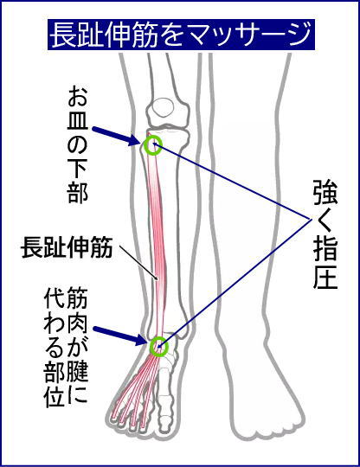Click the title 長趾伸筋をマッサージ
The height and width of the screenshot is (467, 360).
pyautogui.click(x=181, y=35)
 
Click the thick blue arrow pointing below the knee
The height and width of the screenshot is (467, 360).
pyautogui.click(x=116, y=136)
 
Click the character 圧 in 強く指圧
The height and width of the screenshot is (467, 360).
pyautogui.click(x=325, y=277)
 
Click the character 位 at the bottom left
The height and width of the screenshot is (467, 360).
pyautogui.click(x=55, y=397)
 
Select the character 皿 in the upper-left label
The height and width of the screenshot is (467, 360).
pyautogui.click(x=78, y=120)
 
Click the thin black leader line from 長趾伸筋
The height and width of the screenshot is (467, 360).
pyautogui.click(x=138, y=262)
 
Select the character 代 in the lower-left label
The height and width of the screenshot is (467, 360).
pyautogui.click(x=55, y=297)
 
